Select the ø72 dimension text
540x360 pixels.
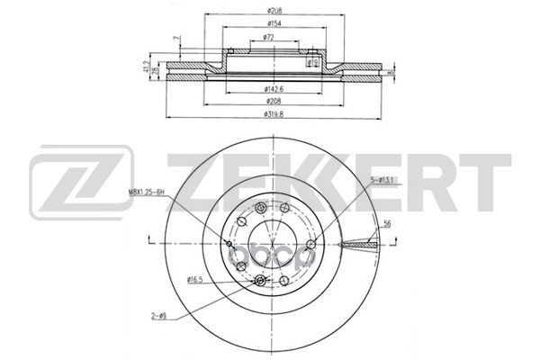coord(268,37)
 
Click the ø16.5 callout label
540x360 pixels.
coord(195,281)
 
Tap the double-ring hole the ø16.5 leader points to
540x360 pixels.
coord(261,283)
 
